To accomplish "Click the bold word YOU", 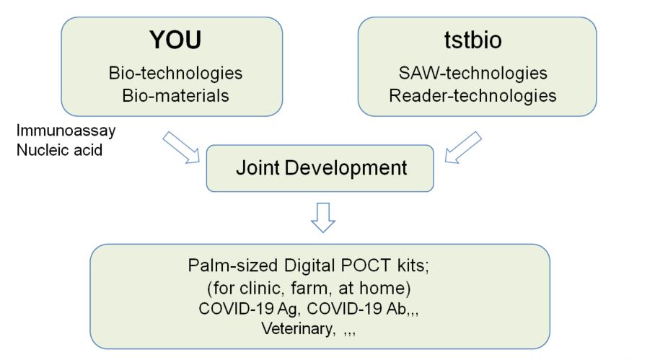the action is (x=175, y=40).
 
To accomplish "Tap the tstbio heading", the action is (x=473, y=40).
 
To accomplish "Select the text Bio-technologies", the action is (x=175, y=73).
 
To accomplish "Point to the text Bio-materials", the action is (x=175, y=96).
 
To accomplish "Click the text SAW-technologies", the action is (x=473, y=73).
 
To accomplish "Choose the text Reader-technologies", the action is (x=473, y=96).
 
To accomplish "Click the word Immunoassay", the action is (x=66, y=131).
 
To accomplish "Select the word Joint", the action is (x=258, y=168).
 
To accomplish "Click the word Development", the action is (x=346, y=168).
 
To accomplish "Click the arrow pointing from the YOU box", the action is (x=181, y=147).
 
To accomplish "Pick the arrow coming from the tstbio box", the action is (x=463, y=147).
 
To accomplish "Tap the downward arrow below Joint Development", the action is (x=323, y=218).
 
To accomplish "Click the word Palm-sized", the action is (x=233, y=265).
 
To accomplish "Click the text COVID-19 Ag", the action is (x=249, y=309).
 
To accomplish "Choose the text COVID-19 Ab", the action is (x=357, y=309).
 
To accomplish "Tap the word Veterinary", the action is (x=298, y=329).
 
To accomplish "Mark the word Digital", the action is (x=309, y=266).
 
